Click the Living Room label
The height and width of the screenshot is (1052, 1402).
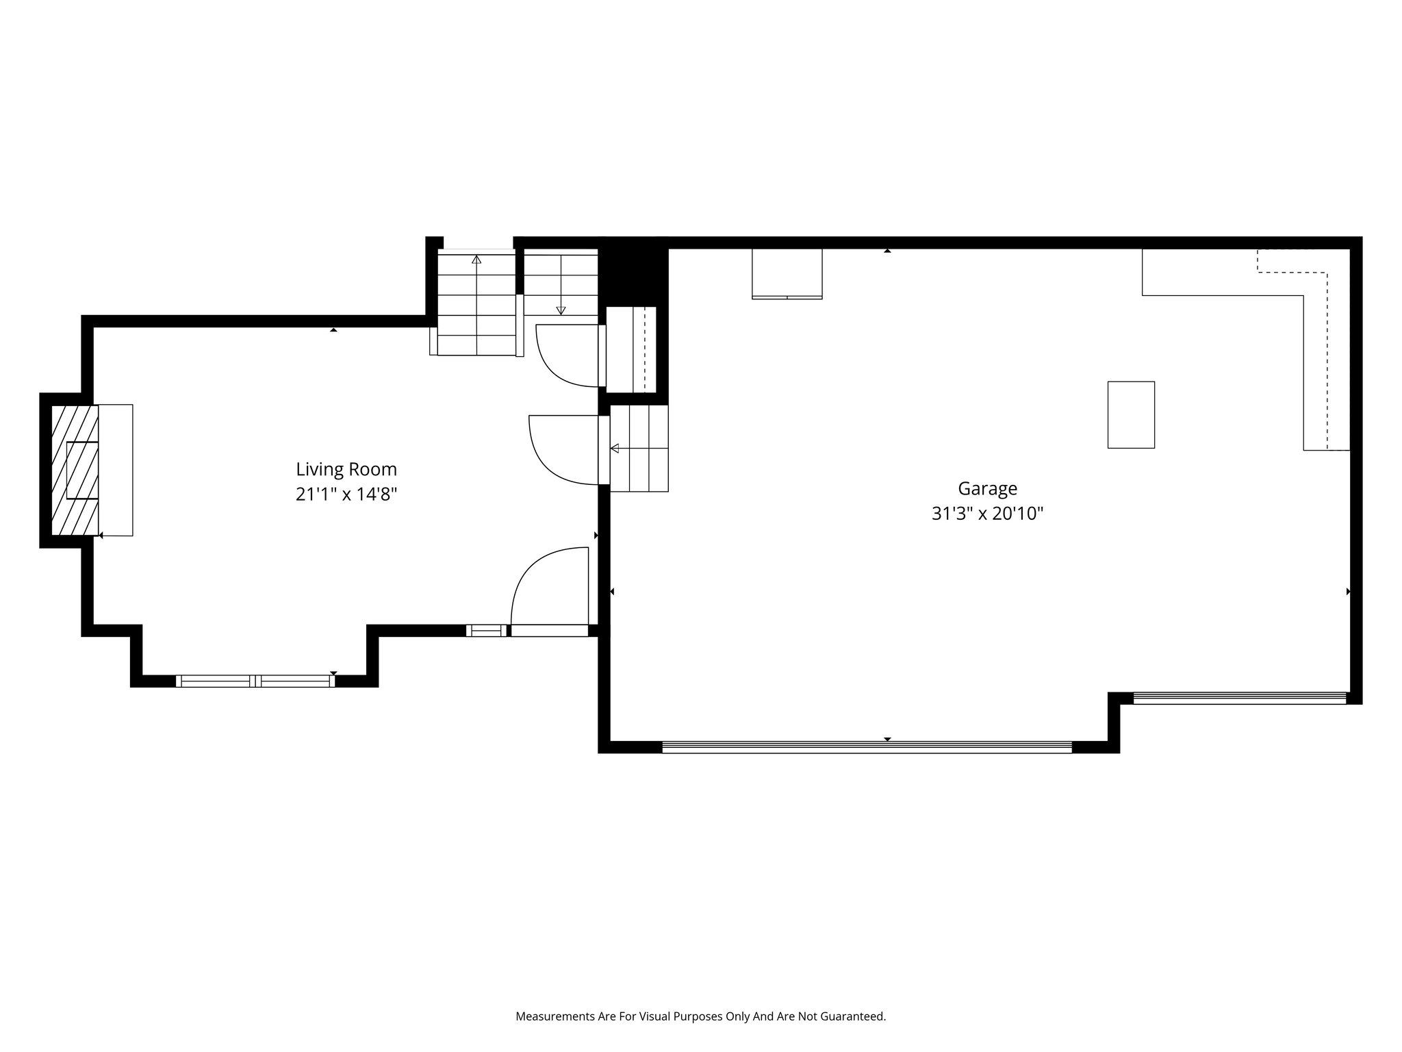click(x=346, y=469)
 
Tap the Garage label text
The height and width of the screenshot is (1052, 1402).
click(x=987, y=488)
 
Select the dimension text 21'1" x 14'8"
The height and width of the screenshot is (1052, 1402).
click(x=346, y=494)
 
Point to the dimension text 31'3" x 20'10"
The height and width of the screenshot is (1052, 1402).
click(x=987, y=514)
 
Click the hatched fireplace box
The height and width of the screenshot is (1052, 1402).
click(x=75, y=470)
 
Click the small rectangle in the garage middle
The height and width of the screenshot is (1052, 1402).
click(x=1131, y=415)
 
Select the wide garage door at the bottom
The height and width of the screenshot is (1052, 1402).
click(x=867, y=747)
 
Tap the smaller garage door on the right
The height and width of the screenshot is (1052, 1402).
click(x=1239, y=699)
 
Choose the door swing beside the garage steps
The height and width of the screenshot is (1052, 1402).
click(x=563, y=449)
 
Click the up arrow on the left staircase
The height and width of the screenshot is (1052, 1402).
click(x=476, y=260)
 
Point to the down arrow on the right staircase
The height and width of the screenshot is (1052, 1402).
click(x=561, y=310)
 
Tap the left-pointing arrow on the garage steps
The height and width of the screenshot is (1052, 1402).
click(x=615, y=449)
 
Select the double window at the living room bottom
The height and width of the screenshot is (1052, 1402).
click(x=255, y=681)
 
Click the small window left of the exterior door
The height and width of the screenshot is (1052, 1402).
click(x=487, y=631)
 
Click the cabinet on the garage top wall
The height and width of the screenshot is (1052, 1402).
click(x=787, y=273)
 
